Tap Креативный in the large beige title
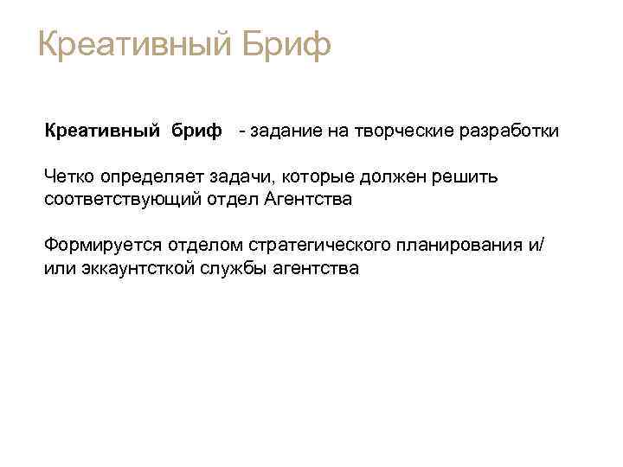pos(130,45)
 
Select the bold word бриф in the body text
pos(196,131)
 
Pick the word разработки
pos(510,131)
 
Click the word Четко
pos(69,177)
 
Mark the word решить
pos(467,177)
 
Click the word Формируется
pos(97,246)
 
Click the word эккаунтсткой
pos(129,268)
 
